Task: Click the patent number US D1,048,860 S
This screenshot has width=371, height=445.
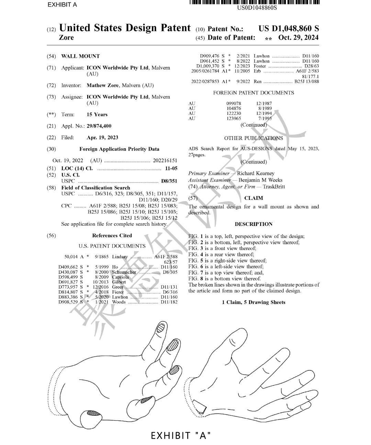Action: click(x=289, y=29)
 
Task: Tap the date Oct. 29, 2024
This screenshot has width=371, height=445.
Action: click(x=298, y=37)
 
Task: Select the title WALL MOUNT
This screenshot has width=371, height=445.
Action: click(x=80, y=56)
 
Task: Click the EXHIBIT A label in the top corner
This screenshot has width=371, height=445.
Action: click(x=62, y=4)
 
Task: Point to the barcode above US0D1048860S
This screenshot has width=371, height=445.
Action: click(x=254, y=2)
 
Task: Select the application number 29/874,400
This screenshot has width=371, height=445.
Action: click(x=99, y=126)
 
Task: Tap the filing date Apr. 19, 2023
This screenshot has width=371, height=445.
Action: click(x=102, y=138)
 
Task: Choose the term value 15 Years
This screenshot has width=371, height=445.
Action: click(x=97, y=115)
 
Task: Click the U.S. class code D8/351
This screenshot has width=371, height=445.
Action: click(x=169, y=181)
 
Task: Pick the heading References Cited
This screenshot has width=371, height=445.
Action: click(x=112, y=236)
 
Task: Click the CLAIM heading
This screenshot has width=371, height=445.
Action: click(x=254, y=198)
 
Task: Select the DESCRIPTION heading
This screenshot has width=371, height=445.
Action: click(x=254, y=224)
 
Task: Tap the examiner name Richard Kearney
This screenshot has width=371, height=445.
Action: click(x=256, y=173)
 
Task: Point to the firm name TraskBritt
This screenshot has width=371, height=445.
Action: click(x=274, y=187)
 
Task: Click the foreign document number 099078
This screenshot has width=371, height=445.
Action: click(x=234, y=103)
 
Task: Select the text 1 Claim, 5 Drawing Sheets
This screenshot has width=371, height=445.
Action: click(x=254, y=302)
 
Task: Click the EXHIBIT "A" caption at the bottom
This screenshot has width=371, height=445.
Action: click(x=181, y=435)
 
